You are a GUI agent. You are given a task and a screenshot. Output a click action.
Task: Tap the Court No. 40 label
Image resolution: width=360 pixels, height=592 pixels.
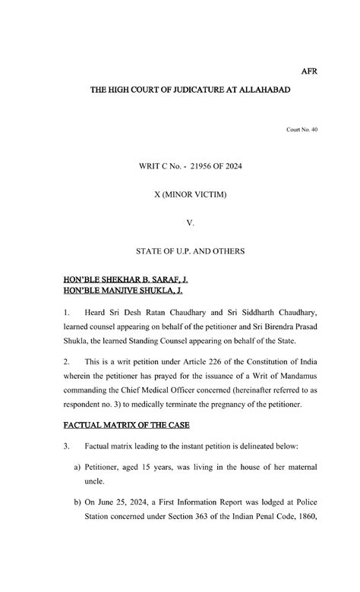click(x=302, y=130)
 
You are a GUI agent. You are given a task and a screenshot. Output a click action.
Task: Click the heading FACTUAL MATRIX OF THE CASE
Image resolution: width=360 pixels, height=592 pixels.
click(x=125, y=422)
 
